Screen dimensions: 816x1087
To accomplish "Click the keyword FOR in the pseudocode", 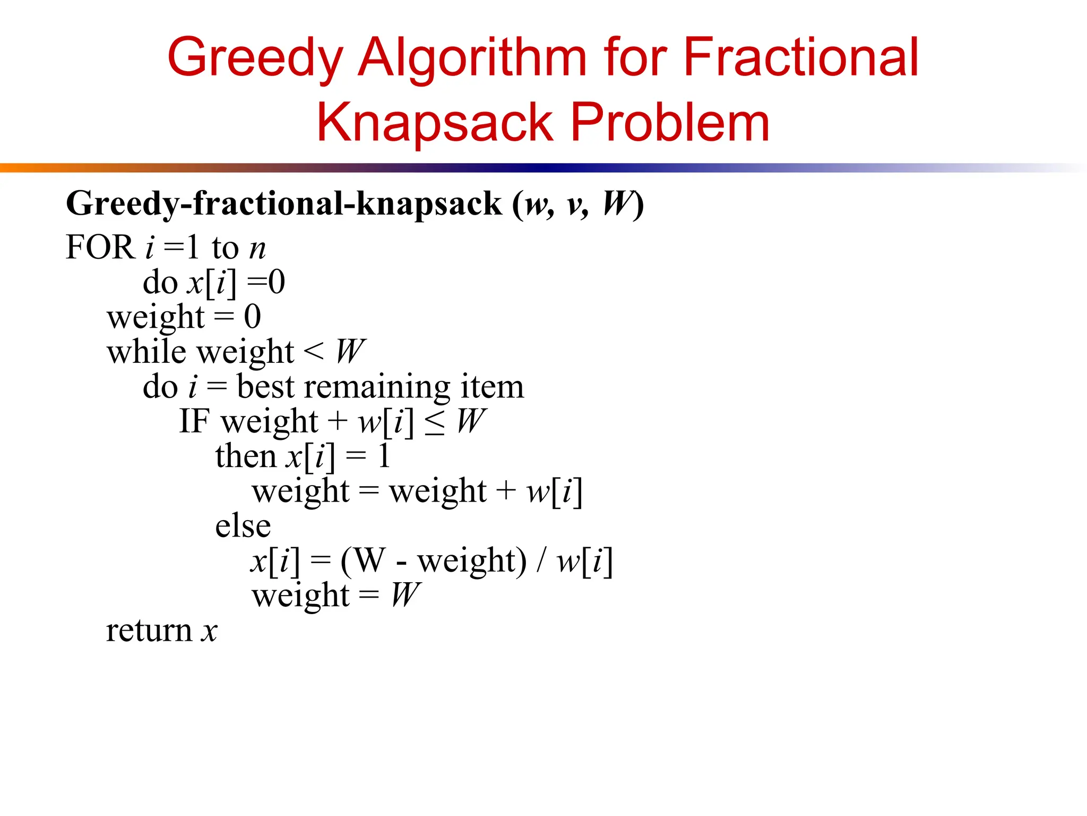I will coord(99,248).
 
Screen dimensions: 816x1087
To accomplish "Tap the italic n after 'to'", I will coord(257,249).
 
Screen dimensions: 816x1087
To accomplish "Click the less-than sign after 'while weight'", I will coord(314,351).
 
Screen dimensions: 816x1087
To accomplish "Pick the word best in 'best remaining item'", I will coord(265,386).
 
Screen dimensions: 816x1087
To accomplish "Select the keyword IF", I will coord(194,421).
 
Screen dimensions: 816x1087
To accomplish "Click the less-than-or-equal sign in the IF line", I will coord(435,423).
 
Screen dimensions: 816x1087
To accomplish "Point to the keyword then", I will coord(246,456).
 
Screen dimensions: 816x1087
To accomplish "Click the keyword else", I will coord(243,526).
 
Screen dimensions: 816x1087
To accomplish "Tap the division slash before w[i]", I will coord(541,561).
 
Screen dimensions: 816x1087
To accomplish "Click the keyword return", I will coord(149,631).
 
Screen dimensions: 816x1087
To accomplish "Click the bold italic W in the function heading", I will coord(617,203).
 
